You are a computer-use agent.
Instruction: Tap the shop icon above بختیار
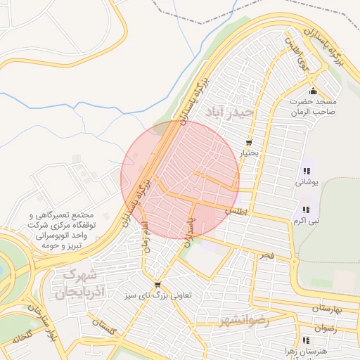click(248, 143)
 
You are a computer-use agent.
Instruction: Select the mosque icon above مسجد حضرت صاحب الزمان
click(314, 91)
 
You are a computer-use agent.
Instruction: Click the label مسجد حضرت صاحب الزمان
click(314, 106)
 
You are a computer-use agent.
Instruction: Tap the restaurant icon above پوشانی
click(306, 171)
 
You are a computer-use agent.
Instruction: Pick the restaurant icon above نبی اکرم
click(306, 210)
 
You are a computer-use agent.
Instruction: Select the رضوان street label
click(325, 328)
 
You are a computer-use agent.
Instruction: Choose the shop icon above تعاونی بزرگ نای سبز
click(157, 285)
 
